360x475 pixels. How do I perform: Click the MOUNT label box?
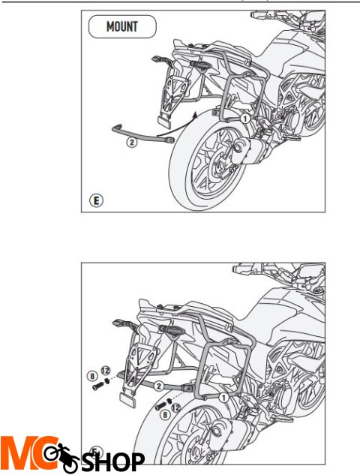pos(122,27)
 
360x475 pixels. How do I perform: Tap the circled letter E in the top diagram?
pos(96,200)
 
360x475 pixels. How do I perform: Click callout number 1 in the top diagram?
pos(245,119)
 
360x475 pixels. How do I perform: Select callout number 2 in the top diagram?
pos(131,142)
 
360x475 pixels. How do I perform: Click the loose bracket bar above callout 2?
pos(143,134)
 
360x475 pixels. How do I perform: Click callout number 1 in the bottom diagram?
pos(223,397)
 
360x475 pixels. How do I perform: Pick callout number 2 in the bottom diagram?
pos(159,386)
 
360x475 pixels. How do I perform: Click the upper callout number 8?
pos(92,376)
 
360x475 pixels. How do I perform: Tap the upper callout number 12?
pos(105,371)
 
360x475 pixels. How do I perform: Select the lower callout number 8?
pos(165,413)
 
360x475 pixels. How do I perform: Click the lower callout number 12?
pos(176,407)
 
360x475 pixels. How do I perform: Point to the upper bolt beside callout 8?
pos(98,386)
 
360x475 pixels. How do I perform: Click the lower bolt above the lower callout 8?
pos(160,406)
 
